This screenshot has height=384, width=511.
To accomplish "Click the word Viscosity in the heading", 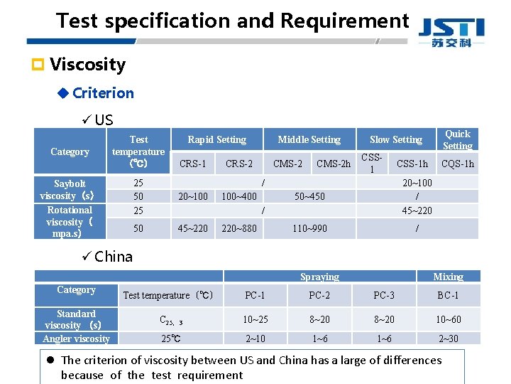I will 87,65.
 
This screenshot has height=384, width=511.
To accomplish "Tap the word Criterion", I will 103,93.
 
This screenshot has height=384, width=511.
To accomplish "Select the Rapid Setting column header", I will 216,140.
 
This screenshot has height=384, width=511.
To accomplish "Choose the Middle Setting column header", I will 309,140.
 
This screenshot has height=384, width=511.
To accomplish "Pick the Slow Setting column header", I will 395,140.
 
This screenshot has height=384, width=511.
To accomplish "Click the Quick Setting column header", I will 457,139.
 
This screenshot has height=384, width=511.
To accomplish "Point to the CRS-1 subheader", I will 193,164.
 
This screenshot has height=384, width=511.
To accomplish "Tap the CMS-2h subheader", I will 333,164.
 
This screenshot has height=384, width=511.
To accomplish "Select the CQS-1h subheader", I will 457,164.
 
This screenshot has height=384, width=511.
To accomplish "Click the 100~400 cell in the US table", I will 239,196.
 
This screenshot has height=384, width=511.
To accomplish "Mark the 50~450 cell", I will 309,196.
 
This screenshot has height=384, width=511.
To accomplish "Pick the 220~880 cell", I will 239,228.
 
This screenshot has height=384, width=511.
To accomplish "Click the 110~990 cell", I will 309,228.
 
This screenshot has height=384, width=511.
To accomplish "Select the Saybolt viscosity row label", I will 68,190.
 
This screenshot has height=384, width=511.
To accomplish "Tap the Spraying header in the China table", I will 319,277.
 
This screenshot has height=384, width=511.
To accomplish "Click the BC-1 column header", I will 448,295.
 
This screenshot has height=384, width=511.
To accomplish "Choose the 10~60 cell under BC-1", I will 448,319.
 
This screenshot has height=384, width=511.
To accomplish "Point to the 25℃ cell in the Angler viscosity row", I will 170,338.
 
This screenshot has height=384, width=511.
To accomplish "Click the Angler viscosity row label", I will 76,338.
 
